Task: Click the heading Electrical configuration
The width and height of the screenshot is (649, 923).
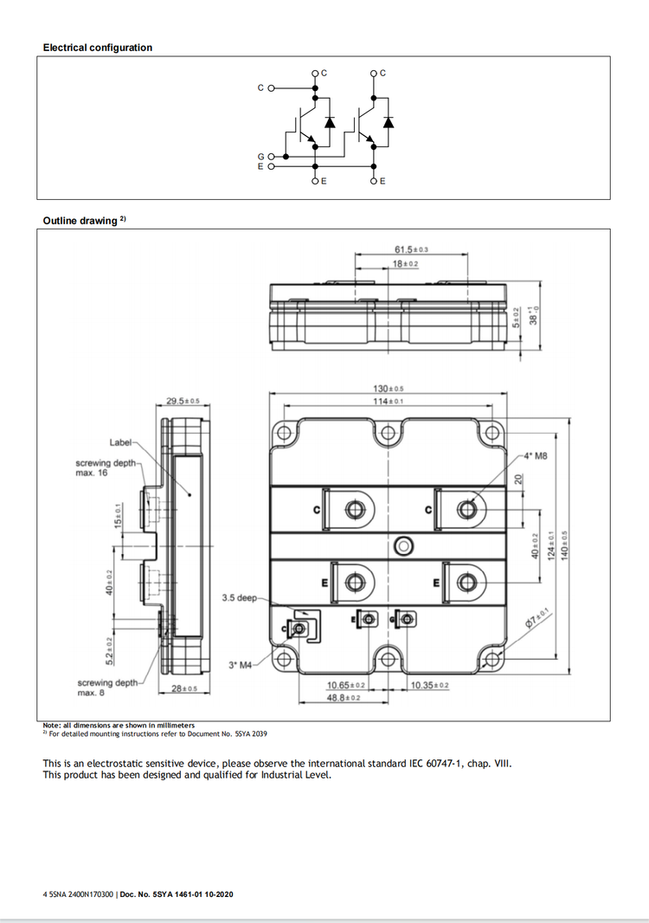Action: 98,48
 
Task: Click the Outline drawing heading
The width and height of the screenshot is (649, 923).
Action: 80,221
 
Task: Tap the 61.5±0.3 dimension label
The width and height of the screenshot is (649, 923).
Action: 411,249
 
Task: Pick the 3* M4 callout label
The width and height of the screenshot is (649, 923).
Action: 239,664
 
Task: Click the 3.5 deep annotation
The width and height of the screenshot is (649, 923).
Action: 240,598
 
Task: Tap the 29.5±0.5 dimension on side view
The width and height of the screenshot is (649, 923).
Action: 183,401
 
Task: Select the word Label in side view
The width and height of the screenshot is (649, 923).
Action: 121,442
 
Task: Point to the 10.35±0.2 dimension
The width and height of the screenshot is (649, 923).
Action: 430,686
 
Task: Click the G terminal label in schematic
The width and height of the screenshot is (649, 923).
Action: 261,157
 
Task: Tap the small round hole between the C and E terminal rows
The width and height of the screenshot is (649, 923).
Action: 402,546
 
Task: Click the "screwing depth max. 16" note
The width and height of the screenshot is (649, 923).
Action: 106,468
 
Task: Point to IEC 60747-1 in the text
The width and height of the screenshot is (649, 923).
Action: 434,763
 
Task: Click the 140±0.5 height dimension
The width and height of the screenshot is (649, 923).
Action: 565,545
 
